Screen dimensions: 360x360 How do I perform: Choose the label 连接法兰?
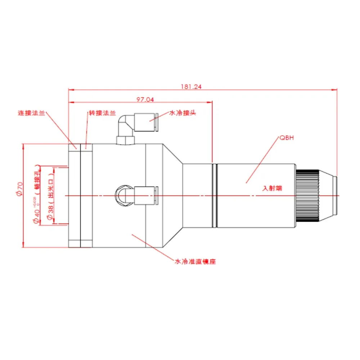coord(31,113)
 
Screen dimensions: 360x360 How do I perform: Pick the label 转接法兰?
coord(103,113)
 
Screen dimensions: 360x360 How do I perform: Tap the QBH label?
coord(287,138)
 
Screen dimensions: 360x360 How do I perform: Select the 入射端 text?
coord(273,188)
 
